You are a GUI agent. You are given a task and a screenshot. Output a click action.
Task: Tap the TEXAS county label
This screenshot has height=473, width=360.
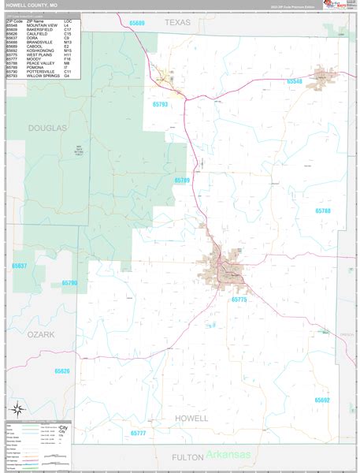tap(177, 23)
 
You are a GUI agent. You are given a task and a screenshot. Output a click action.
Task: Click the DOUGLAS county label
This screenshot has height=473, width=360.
tap(47, 127)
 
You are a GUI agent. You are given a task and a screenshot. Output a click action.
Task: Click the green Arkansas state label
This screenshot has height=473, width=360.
tap(229, 455)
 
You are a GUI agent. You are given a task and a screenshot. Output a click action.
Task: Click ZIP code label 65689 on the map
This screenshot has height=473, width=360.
tap(136, 24)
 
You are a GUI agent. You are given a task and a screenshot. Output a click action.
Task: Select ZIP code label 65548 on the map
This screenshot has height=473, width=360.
tap(295, 81)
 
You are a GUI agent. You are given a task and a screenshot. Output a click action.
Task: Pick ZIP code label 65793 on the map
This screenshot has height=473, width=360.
tap(160, 104)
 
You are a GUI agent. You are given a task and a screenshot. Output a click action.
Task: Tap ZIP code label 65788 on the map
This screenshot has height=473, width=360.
tap(323, 210)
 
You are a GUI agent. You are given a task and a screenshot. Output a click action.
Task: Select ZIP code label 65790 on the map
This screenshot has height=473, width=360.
tap(69, 282)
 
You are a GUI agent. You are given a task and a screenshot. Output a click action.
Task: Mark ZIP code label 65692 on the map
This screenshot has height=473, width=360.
tap(322, 400)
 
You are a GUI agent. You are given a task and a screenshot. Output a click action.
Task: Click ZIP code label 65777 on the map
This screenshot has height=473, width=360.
tap(138, 434)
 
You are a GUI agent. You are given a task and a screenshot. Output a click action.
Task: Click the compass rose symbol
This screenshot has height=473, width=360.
tap(17, 408)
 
